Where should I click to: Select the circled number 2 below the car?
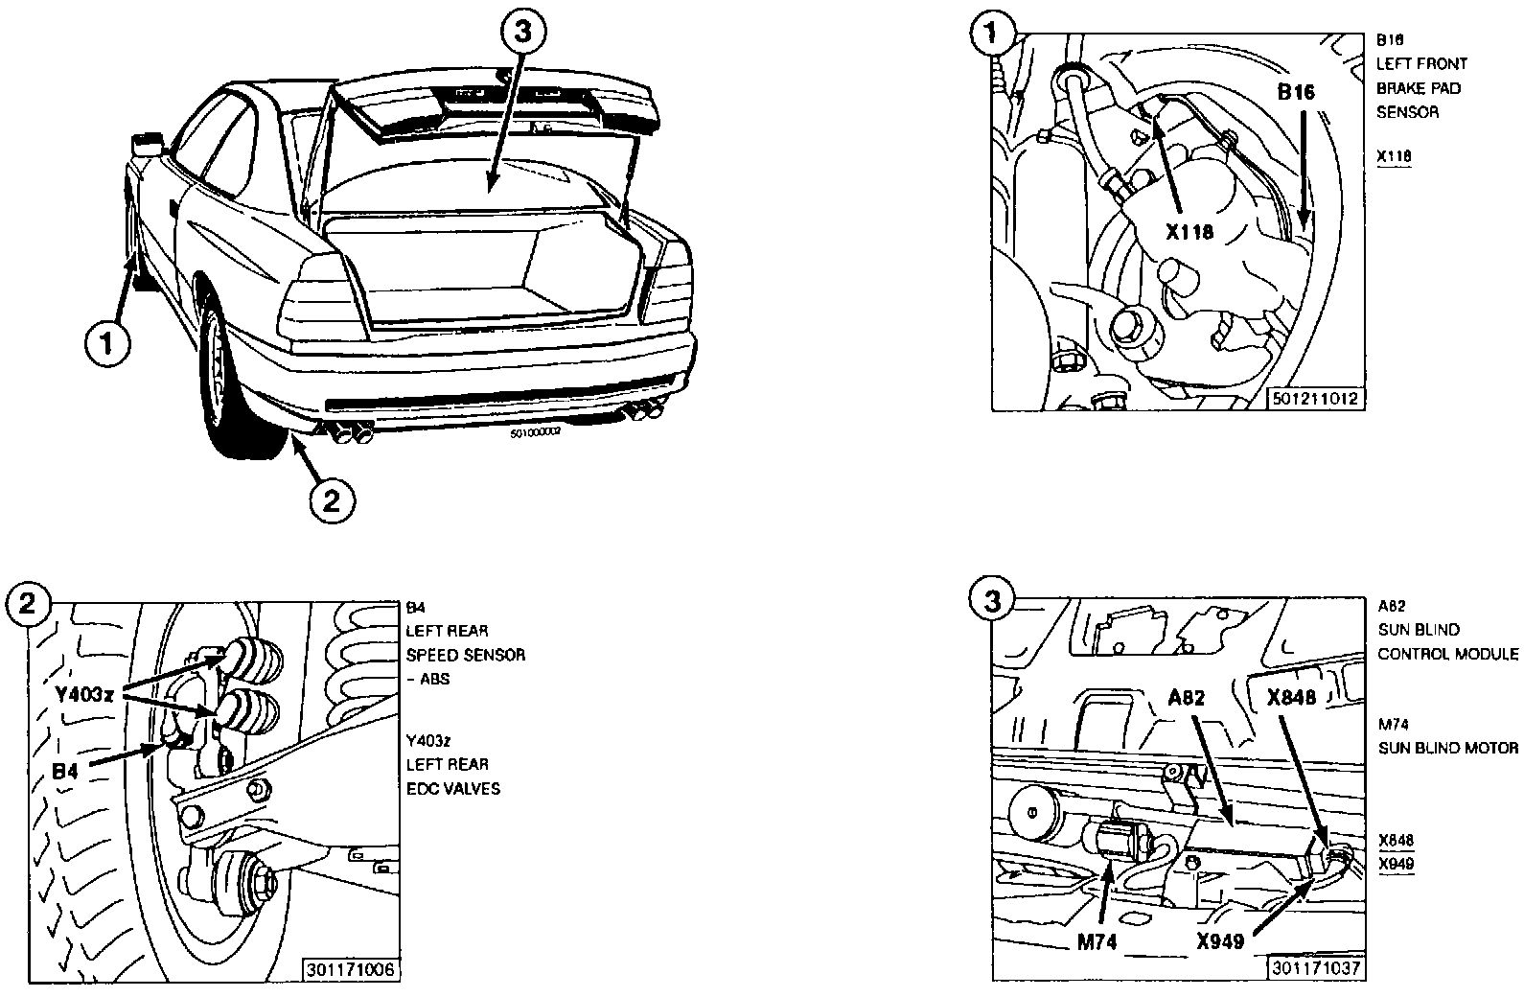332,500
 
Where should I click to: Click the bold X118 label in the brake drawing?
1189,231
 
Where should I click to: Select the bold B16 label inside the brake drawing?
1296,92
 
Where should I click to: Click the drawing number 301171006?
350,969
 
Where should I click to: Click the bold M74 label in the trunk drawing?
1097,942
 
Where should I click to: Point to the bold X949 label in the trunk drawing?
1220,942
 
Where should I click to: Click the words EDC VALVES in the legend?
453,789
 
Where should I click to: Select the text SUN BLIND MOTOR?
1448,748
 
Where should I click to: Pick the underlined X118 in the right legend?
1394,156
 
